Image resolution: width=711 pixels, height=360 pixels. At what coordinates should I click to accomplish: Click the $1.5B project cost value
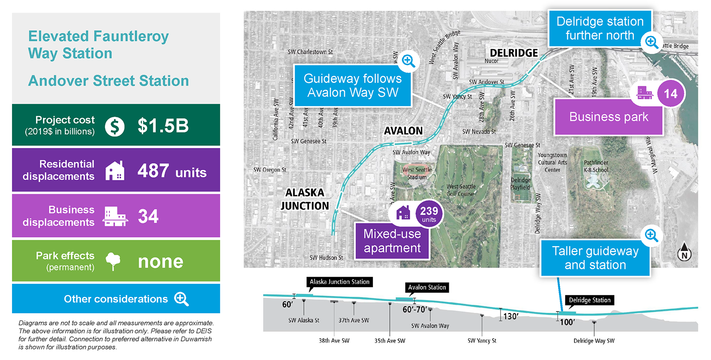(163, 126)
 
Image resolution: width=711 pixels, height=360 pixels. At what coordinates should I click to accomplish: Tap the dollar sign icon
(115, 127)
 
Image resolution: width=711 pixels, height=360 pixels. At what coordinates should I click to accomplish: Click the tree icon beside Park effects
(113, 261)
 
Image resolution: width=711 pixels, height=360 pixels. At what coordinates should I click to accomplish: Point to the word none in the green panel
(160, 262)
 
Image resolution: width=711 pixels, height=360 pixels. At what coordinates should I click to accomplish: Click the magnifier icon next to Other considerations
(181, 299)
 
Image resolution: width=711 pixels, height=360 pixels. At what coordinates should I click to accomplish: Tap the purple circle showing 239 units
(429, 213)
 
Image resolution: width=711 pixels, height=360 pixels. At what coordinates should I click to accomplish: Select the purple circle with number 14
(671, 94)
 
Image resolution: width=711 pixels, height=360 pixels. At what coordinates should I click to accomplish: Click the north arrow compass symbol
(684, 252)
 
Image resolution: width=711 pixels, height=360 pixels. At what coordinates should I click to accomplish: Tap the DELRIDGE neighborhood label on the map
(514, 53)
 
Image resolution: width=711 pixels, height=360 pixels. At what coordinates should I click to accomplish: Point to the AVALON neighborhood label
(403, 131)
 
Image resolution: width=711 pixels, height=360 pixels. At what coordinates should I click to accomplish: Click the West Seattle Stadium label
(417, 173)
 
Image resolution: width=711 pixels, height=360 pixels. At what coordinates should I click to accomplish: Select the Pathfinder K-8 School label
(596, 166)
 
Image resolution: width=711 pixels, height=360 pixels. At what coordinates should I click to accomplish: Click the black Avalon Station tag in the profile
(427, 287)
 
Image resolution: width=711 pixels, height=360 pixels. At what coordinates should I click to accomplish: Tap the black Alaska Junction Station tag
(340, 282)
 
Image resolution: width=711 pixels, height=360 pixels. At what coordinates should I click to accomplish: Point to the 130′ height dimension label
(511, 316)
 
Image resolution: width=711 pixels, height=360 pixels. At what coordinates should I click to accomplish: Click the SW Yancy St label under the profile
(482, 340)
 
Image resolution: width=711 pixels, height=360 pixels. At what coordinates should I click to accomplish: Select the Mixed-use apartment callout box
(392, 241)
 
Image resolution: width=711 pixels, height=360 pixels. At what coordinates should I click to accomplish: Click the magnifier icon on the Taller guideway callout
(651, 235)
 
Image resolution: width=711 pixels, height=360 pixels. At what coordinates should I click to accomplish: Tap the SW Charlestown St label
(310, 52)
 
